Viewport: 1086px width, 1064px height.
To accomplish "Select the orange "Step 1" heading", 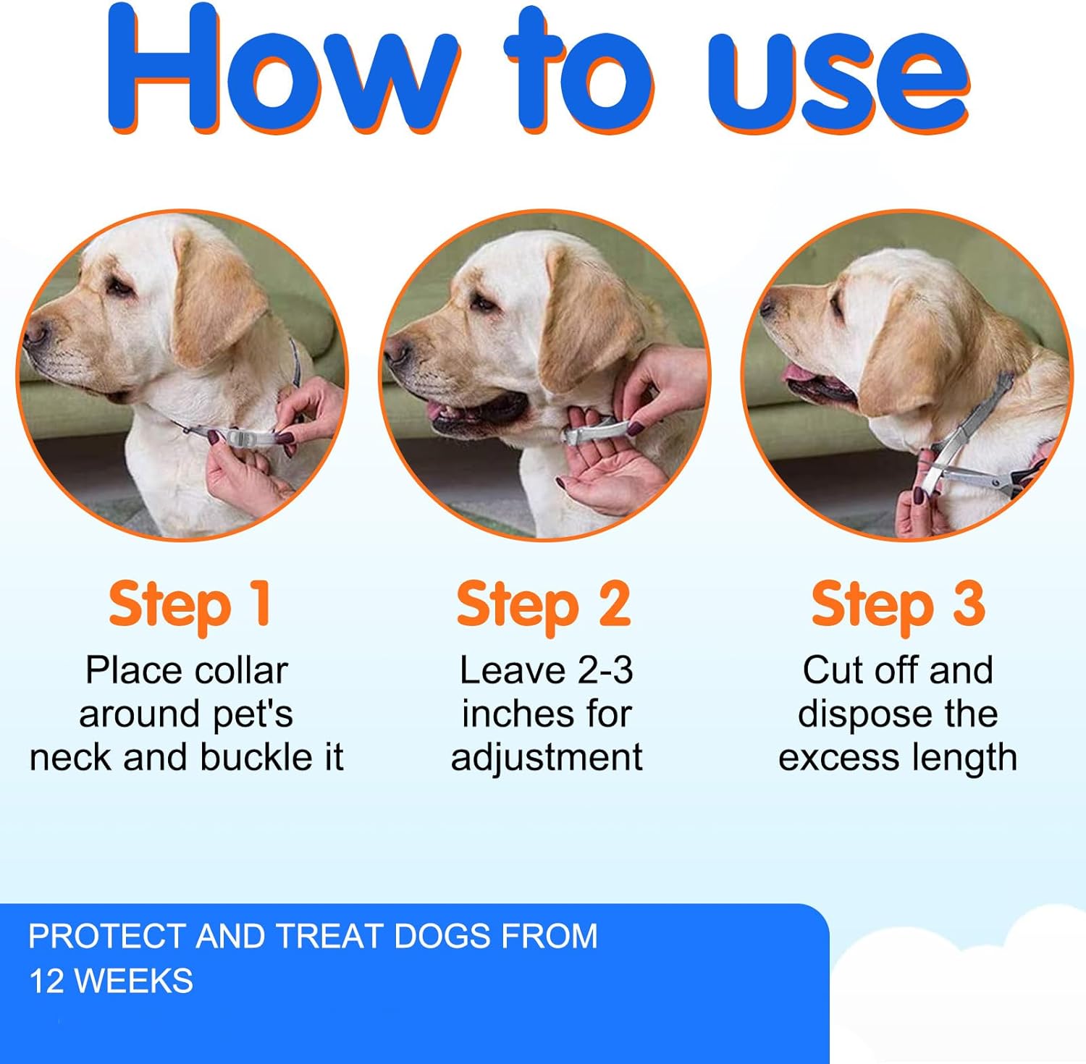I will pos(190,605).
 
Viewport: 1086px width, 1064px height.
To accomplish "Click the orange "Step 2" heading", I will pos(543,605).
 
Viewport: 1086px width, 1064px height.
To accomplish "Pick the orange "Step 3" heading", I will pos(898,605).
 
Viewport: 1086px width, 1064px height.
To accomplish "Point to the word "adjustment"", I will pos(547,758).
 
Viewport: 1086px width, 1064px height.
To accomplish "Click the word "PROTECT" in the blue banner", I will pos(107,937).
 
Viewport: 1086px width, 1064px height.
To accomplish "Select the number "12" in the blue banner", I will pos(46,981).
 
